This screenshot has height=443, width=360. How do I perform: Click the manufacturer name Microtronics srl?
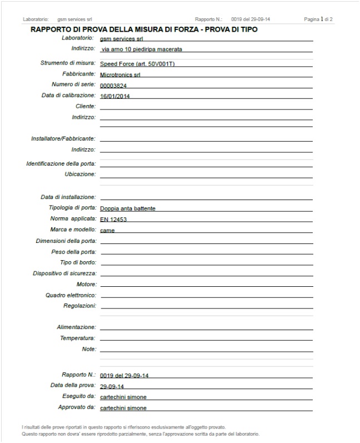coord(120,74)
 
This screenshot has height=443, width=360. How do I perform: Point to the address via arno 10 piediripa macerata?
coord(142,49)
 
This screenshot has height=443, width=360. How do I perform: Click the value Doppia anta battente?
coord(128,208)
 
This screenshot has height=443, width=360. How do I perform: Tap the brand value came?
coord(107,230)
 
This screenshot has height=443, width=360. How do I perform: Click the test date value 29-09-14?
coord(112,386)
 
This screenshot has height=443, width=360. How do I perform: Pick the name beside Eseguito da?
coord(124,397)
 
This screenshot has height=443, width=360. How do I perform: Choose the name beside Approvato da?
coord(124,408)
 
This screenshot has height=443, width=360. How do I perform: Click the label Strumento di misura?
coord(68,63)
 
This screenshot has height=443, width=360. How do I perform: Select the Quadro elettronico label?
coord(71,295)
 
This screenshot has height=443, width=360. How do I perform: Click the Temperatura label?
coord(78,338)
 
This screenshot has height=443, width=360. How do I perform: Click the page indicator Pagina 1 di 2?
coord(318,19)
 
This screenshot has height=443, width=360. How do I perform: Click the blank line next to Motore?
coord(206,285)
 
